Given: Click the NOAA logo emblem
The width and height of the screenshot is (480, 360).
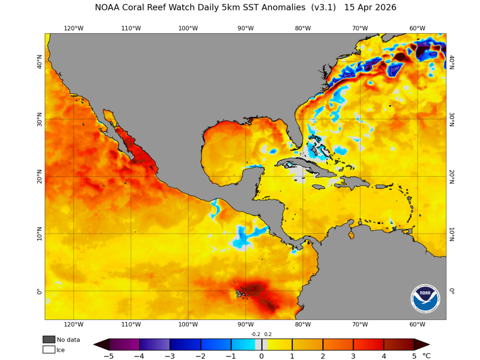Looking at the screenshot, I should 426,299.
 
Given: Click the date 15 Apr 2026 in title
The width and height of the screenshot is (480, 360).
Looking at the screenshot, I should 370,7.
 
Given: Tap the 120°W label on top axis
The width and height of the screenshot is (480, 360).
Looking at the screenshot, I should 74,28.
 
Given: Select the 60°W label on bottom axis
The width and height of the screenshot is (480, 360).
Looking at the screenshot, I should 417,324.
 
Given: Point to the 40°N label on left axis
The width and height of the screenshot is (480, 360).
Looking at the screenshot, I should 39,61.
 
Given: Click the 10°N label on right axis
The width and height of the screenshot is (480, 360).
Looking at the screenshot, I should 452,233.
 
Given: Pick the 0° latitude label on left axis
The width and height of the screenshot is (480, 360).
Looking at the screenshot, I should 39,291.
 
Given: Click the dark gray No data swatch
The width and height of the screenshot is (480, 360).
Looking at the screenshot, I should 49,339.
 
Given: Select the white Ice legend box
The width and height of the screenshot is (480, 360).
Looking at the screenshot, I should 49,349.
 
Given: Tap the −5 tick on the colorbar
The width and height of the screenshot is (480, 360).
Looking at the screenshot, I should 109,356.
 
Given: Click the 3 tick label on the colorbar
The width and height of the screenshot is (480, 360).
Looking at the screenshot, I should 353,356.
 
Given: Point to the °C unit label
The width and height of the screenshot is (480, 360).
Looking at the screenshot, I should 426,356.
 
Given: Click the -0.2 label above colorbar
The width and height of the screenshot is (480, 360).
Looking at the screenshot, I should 255,334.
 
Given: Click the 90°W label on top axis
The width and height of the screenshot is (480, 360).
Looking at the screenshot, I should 246,28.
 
